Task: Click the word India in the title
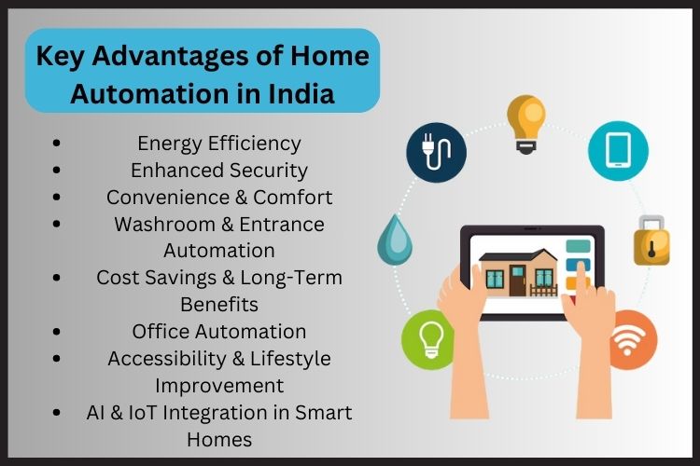point(305,94)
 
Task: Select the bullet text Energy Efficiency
point(219,144)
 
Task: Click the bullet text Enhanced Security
point(219,171)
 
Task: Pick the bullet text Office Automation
point(219,331)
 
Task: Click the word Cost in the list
point(118,278)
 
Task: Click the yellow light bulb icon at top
point(525,119)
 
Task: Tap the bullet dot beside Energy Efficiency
point(58,144)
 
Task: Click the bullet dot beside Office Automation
point(58,331)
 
